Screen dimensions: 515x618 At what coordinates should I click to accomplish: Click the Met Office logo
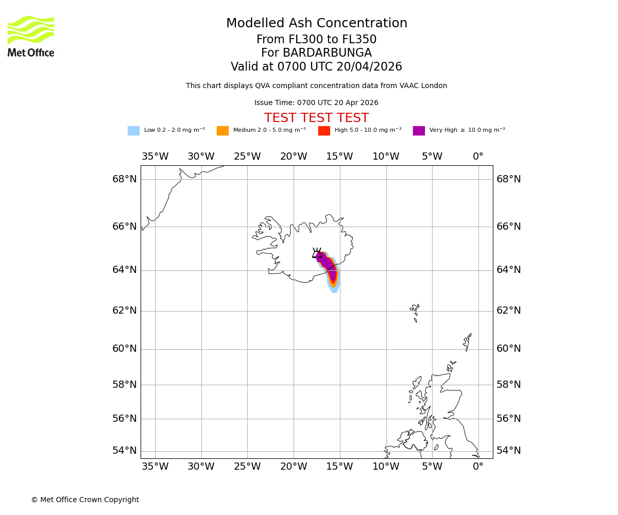click(x=31, y=36)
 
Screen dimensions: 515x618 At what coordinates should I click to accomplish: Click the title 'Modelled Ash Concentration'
click(x=317, y=24)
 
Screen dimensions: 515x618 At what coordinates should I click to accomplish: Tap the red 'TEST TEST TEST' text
click(x=316, y=118)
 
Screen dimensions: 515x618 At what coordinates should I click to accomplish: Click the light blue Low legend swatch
click(x=133, y=131)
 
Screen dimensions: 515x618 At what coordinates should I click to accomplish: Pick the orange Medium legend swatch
click(x=222, y=131)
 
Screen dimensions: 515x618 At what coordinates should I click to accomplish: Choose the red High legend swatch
click(x=324, y=131)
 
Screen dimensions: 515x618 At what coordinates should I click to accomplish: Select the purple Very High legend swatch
click(x=419, y=131)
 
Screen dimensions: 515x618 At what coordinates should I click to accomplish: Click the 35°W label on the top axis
click(x=155, y=157)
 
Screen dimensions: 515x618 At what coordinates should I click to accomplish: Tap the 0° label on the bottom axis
click(x=478, y=467)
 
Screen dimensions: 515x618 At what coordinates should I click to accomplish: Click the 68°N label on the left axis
click(x=125, y=179)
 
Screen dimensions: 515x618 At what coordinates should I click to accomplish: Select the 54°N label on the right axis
click(x=509, y=451)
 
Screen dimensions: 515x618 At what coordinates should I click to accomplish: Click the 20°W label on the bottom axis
click(x=294, y=467)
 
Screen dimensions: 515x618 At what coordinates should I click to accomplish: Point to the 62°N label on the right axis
click(x=509, y=311)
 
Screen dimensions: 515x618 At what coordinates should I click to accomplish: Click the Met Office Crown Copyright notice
click(x=85, y=500)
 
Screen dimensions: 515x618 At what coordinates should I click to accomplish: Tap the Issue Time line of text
click(x=316, y=103)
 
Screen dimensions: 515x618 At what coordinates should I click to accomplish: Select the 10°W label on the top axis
click(x=386, y=157)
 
